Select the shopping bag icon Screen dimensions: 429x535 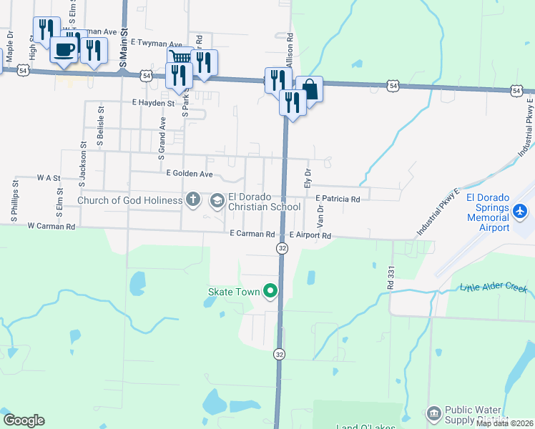[x=310, y=89]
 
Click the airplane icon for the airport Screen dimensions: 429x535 [x=520, y=212]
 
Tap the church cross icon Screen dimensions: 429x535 [x=193, y=200]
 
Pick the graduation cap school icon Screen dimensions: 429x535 [x=217, y=201]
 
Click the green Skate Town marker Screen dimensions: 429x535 [x=270, y=291]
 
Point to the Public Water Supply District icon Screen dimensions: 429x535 [x=433, y=414]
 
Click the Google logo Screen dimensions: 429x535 [x=24, y=420]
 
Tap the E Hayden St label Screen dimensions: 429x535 [x=153, y=103]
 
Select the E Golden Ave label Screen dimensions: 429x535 [x=189, y=174]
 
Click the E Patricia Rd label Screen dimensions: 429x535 [x=337, y=199]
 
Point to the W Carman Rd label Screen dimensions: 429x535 [x=51, y=227]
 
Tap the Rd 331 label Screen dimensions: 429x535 [x=391, y=278]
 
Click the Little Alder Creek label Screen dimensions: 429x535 [x=494, y=288]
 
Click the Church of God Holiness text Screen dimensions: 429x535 [x=129, y=200]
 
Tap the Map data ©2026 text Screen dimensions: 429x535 [x=505, y=423]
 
